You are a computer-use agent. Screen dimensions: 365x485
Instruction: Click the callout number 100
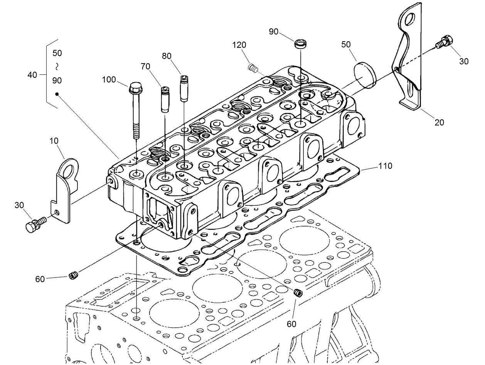coord(109,80)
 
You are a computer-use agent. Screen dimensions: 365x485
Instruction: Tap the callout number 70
coord(145,66)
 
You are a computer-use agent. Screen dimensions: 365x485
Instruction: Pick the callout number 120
coord(239,45)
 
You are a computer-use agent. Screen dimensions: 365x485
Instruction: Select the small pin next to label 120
coord(253,68)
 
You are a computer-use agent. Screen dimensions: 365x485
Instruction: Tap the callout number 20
coord(439,123)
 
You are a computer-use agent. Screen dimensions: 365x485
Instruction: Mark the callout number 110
coord(385,166)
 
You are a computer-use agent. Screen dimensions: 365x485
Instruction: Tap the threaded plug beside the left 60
coord(74,275)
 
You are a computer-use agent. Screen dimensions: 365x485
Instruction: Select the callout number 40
coord(33,74)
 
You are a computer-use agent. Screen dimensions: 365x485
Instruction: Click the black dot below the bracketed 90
coord(57,94)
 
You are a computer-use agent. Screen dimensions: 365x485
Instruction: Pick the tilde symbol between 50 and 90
coord(57,67)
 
